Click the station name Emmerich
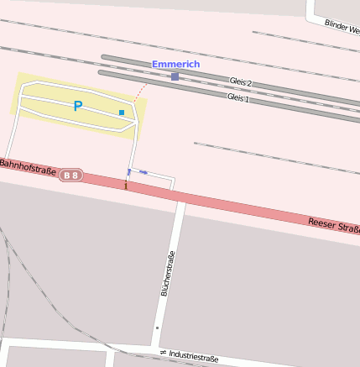[176, 65]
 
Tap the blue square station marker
[175, 76]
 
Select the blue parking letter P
[78, 107]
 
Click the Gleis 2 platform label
[240, 82]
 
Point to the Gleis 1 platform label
[238, 97]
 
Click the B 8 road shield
[71, 175]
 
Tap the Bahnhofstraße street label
[28, 166]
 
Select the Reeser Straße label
[333, 227]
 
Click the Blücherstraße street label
[167, 274]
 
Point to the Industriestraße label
[193, 357]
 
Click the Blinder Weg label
[342, 26]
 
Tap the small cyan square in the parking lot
[122, 112]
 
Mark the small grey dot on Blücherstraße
[156, 328]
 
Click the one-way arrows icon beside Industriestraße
[164, 352]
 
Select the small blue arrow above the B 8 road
[143, 173]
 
